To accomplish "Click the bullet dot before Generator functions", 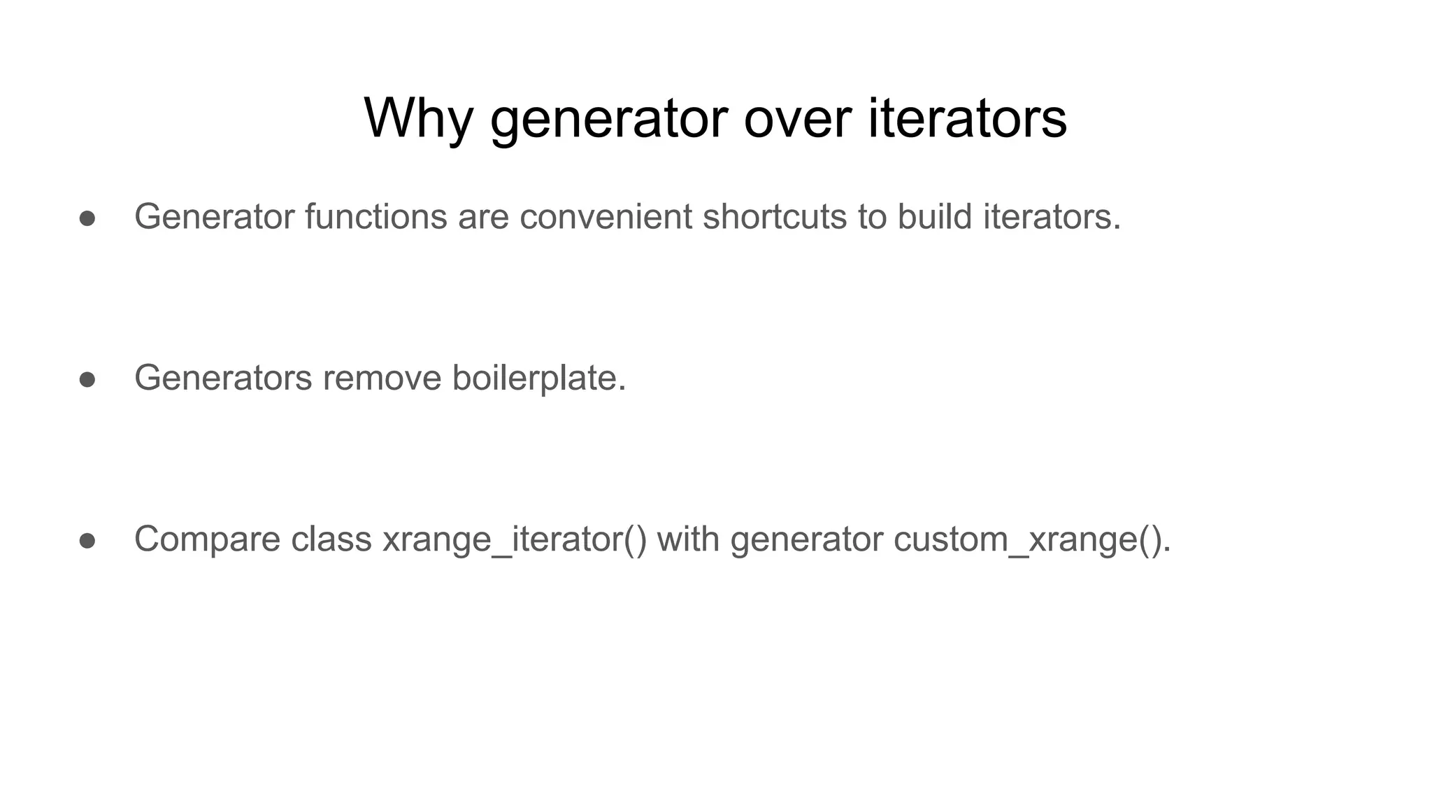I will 87,218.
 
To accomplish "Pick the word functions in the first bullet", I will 375,217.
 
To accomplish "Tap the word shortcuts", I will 775,217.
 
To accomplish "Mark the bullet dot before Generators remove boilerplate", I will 87,380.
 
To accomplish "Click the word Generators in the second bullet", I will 223,379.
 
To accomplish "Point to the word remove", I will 382,379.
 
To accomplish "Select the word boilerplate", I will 538,379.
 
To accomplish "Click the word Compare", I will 207,540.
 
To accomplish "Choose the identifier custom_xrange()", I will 1031,540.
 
